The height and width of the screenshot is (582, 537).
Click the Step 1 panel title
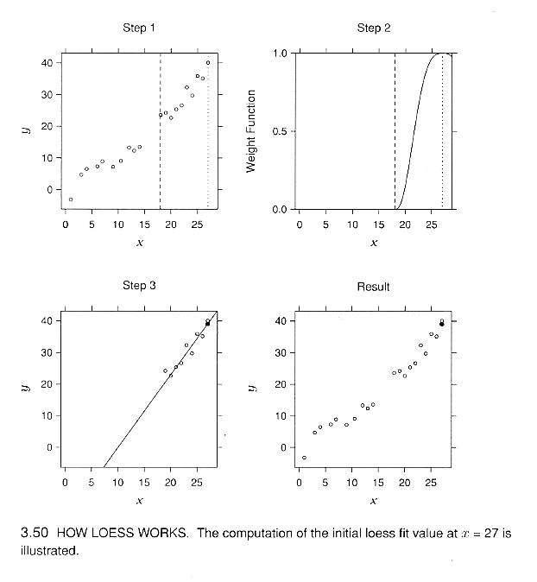point(139,28)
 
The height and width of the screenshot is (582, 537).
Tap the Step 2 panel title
point(374,28)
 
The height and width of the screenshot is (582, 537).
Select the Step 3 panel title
point(139,286)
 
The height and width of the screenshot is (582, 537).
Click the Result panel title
point(373,287)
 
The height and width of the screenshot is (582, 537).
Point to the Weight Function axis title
point(251,131)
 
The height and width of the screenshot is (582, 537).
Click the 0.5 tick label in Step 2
point(280,131)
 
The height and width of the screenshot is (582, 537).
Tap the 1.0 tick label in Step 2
point(281,54)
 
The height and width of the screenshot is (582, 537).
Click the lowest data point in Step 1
point(71,199)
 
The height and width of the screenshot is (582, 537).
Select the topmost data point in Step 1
point(208,63)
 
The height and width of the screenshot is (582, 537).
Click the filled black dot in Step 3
point(207,324)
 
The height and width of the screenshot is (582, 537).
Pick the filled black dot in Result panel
point(442,324)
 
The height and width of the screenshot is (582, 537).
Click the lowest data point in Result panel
point(304,458)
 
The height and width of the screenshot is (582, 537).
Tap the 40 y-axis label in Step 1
point(47,63)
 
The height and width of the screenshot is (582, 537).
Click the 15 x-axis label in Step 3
point(144,483)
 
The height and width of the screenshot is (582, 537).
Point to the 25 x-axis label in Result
point(431,483)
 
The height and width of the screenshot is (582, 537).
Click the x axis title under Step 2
point(374,243)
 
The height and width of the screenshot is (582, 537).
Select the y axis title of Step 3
point(26,388)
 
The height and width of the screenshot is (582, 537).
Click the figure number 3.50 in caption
point(35,533)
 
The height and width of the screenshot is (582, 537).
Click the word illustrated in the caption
point(49,550)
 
